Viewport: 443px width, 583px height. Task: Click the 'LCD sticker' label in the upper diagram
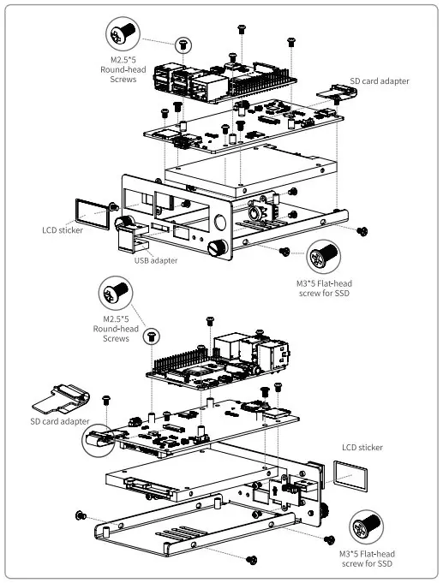tap(62, 229)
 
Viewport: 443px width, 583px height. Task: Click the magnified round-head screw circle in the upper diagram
tap(122, 34)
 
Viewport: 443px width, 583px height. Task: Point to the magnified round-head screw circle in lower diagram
tap(115, 293)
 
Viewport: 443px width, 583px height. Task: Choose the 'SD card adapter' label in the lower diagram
tap(59, 421)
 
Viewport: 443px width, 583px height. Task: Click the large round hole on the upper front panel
tap(221, 223)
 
